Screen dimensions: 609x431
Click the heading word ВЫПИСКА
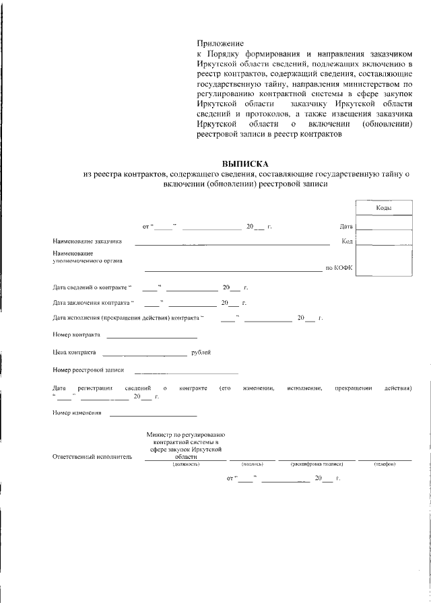[245, 164]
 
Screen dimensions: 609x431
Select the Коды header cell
[385, 209]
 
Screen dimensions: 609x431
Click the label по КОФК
[339, 268]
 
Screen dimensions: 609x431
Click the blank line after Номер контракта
[152, 334]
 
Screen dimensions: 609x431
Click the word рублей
[201, 352]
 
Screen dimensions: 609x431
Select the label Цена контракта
[74, 352]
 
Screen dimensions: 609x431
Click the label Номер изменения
[77, 413]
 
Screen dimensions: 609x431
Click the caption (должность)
[186, 464]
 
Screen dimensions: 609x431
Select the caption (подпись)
[252, 464]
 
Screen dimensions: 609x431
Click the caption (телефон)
[385, 464]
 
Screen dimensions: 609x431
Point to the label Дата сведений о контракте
[93, 287]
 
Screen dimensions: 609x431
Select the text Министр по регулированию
[186, 435]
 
